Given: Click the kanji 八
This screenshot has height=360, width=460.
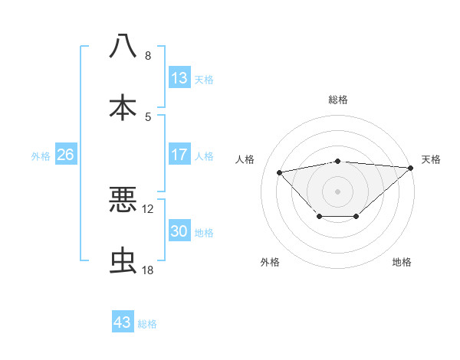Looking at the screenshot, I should coord(123,45).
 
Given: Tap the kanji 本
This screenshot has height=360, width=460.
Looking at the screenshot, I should coord(123,107).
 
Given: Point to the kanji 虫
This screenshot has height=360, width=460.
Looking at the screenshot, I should coord(123,261).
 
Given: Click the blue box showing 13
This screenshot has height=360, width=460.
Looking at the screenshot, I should coord(179,77).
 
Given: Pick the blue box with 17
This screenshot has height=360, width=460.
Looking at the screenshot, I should coord(179,154).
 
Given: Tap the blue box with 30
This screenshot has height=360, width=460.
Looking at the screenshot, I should coord(179,231).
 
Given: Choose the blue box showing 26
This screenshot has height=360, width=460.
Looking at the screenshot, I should coord(65,155).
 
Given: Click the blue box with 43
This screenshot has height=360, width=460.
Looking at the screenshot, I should coord(123,322).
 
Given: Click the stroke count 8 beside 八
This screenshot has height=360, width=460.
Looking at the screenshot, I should coord(148,56).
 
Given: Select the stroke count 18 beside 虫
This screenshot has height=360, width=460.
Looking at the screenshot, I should coord(148,271).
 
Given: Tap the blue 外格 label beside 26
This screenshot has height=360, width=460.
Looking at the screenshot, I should coord(41,155).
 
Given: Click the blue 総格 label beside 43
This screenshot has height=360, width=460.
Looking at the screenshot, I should coord(147,324).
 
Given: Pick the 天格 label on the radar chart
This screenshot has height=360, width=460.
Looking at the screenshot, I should coord(431,159).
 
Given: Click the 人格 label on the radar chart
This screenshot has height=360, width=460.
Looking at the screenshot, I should coord(246,159).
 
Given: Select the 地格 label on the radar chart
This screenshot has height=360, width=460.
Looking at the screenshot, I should coord(402,262).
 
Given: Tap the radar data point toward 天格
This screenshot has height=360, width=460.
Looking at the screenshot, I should coord(411,168).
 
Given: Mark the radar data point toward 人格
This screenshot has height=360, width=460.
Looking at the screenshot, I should coord(280,172).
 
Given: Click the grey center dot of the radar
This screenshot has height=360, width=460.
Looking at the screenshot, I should coord(337,190).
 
